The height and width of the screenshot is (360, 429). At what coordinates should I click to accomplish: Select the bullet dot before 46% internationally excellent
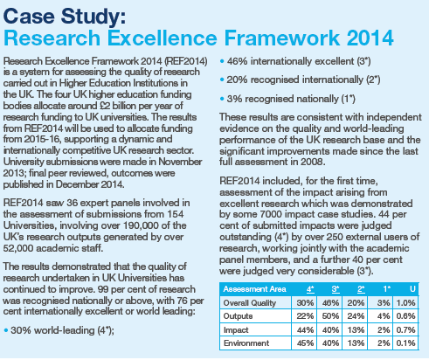pos(222,62)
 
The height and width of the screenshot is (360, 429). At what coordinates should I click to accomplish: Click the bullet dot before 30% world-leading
pos(6,330)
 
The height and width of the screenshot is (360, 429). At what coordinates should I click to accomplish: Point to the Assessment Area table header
pos(254,289)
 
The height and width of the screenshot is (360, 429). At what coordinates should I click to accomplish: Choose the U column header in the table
pos(412,289)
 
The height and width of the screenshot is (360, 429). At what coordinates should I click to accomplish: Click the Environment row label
pos(246,343)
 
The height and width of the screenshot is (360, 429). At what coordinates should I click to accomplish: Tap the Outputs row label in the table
pos(238,316)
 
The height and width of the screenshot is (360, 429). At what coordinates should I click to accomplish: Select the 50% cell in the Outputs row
pos(330,316)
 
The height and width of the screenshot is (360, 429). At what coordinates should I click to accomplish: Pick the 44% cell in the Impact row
pos(305,329)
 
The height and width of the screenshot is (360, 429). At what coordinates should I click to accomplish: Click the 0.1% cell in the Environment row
pos(405,343)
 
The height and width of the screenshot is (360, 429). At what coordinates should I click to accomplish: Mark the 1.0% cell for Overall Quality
pos(405,303)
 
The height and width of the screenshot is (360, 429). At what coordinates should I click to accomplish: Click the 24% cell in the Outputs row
pos(356,316)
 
